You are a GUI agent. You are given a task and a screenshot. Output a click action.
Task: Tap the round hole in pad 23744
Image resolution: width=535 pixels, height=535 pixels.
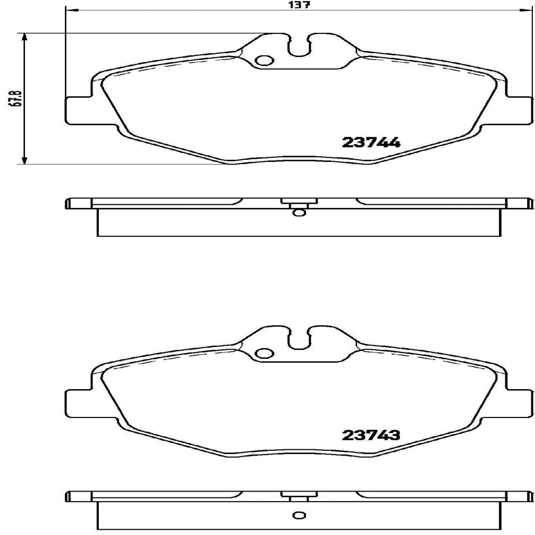pyautogui.click(x=264, y=61)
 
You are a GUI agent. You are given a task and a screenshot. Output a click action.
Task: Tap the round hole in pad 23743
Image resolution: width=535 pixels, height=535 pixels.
pyautogui.click(x=264, y=354)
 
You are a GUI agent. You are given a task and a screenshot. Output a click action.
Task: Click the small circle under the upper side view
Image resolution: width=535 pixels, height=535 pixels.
pyautogui.click(x=298, y=212)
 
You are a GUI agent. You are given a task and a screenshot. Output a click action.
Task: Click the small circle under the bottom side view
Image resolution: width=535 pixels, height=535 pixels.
pyautogui.click(x=298, y=530)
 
